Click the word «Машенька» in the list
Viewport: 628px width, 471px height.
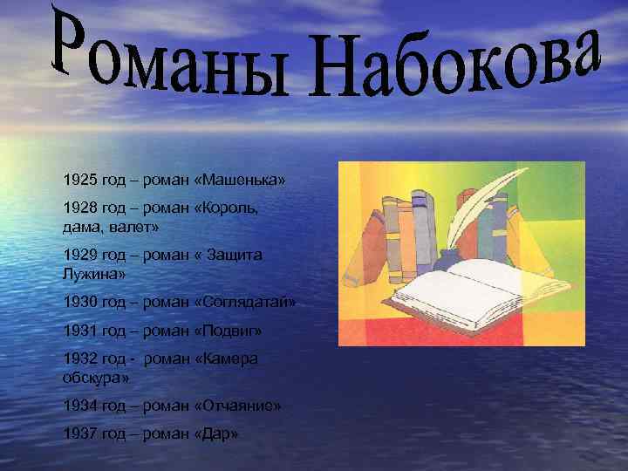tap(243, 179)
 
